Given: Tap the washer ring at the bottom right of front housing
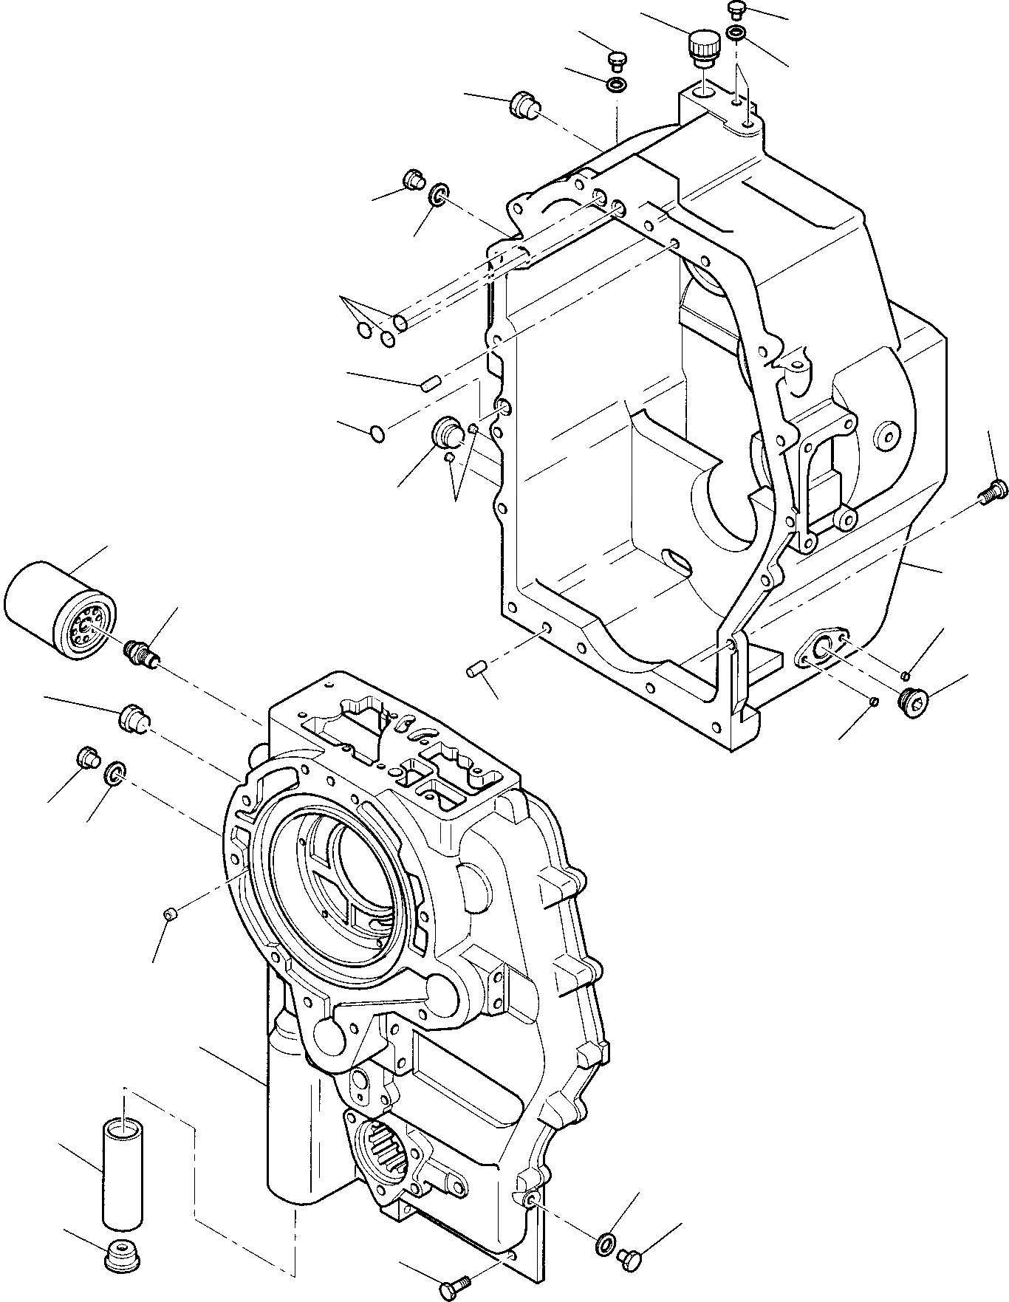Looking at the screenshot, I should (x=603, y=1242).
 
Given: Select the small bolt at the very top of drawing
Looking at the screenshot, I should (x=735, y=10).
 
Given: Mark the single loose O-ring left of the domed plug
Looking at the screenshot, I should (x=377, y=434).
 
